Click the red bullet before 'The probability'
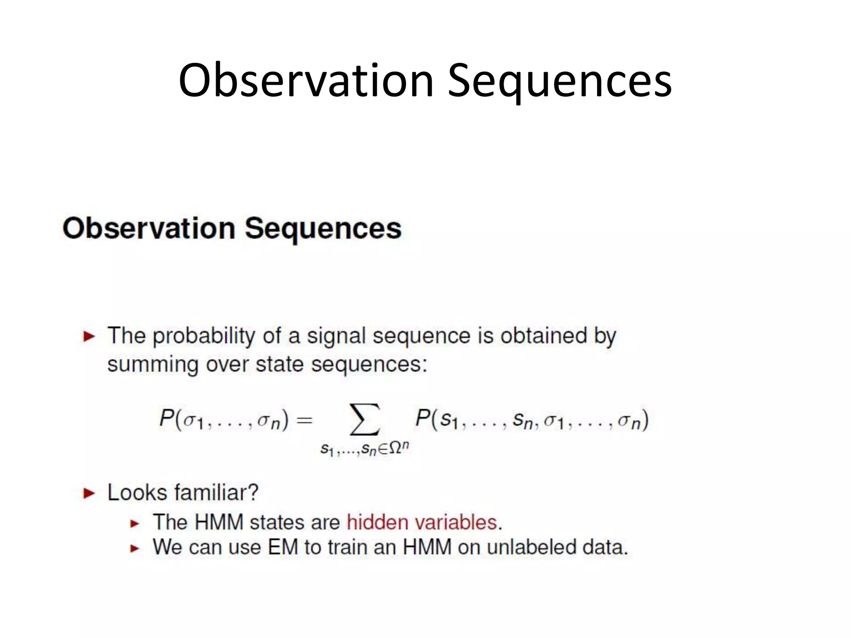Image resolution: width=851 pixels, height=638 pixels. click(x=89, y=336)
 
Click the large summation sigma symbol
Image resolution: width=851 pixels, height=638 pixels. click(x=365, y=420)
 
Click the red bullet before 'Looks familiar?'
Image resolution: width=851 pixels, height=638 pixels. click(x=89, y=493)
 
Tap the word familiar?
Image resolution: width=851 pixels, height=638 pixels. click(x=216, y=493)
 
